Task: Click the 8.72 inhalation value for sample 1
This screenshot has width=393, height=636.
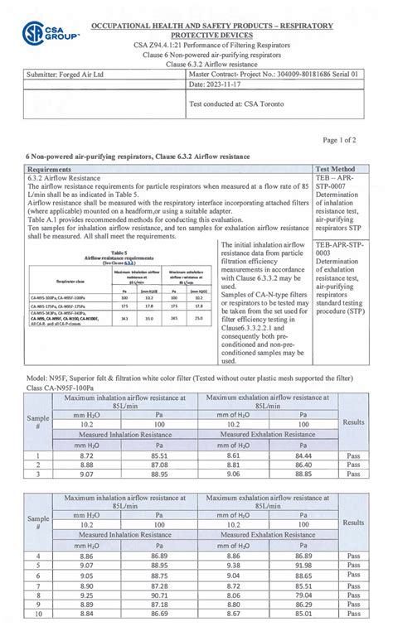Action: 86,455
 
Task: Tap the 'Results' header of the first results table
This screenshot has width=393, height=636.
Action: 353,422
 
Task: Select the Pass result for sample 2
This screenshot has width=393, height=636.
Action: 353,465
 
